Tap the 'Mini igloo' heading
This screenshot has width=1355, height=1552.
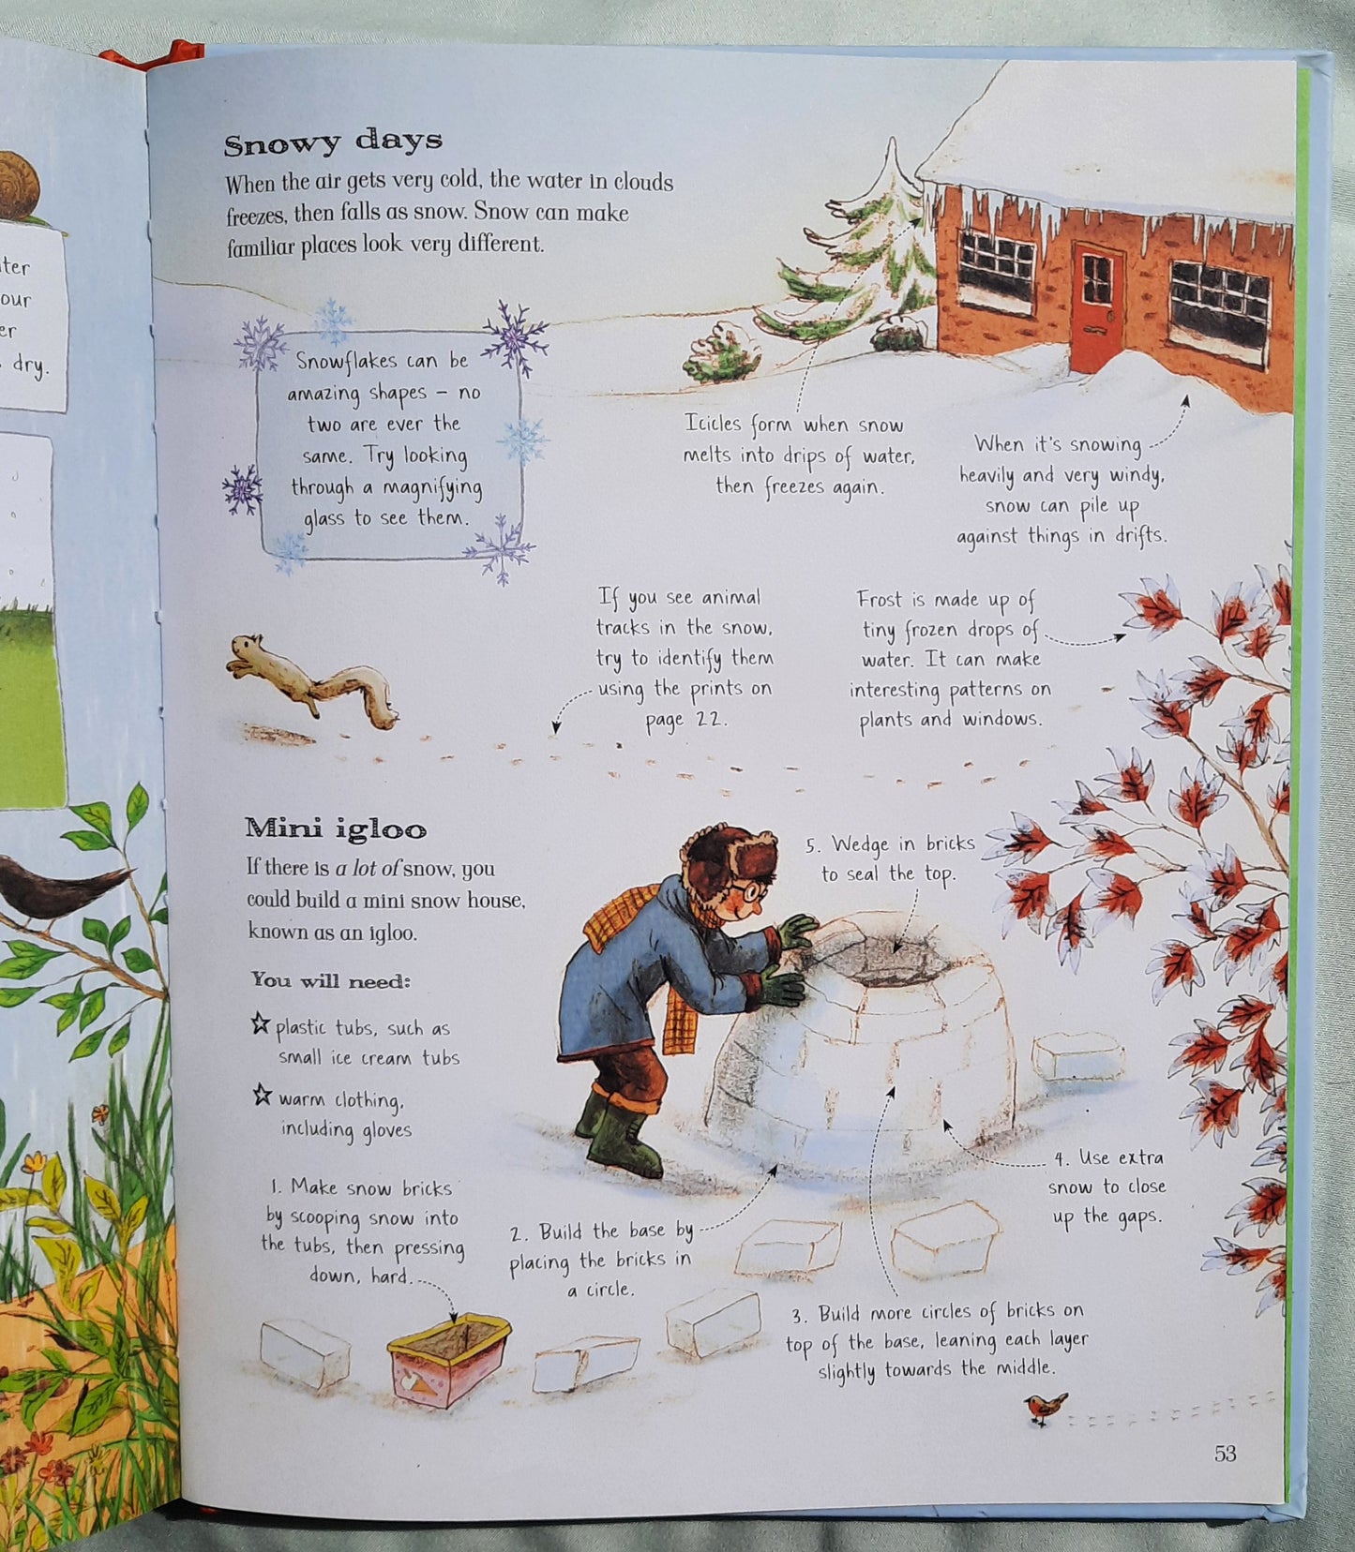tap(336, 828)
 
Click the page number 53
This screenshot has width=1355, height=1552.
tap(1225, 1453)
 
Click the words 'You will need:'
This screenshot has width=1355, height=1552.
tap(330, 981)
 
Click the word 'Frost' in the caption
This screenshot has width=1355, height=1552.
tap(879, 600)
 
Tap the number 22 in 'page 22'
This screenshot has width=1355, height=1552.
tap(715, 719)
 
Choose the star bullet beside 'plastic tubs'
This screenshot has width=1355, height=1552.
tap(261, 1024)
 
